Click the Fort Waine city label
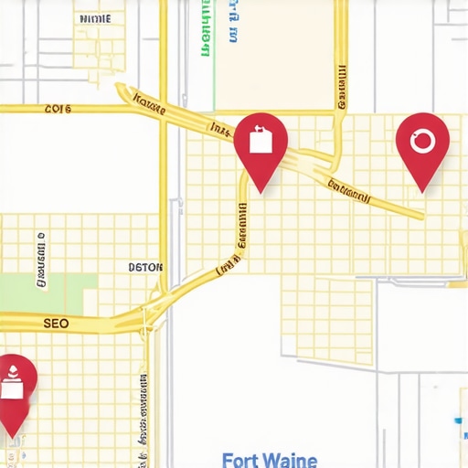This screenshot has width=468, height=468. [x=270, y=460]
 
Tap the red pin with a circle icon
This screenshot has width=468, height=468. [x=422, y=144]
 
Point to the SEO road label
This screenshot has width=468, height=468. [x=56, y=324]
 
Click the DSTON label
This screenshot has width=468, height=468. [x=145, y=268]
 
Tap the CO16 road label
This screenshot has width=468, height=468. [x=58, y=109]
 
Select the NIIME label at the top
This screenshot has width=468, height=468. [x=96, y=18]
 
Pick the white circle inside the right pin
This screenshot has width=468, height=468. [x=422, y=141]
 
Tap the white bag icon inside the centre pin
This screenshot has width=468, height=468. [x=261, y=141]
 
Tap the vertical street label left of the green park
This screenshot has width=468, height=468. [x=42, y=261]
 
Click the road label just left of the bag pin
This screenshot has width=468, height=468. [x=220, y=130]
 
